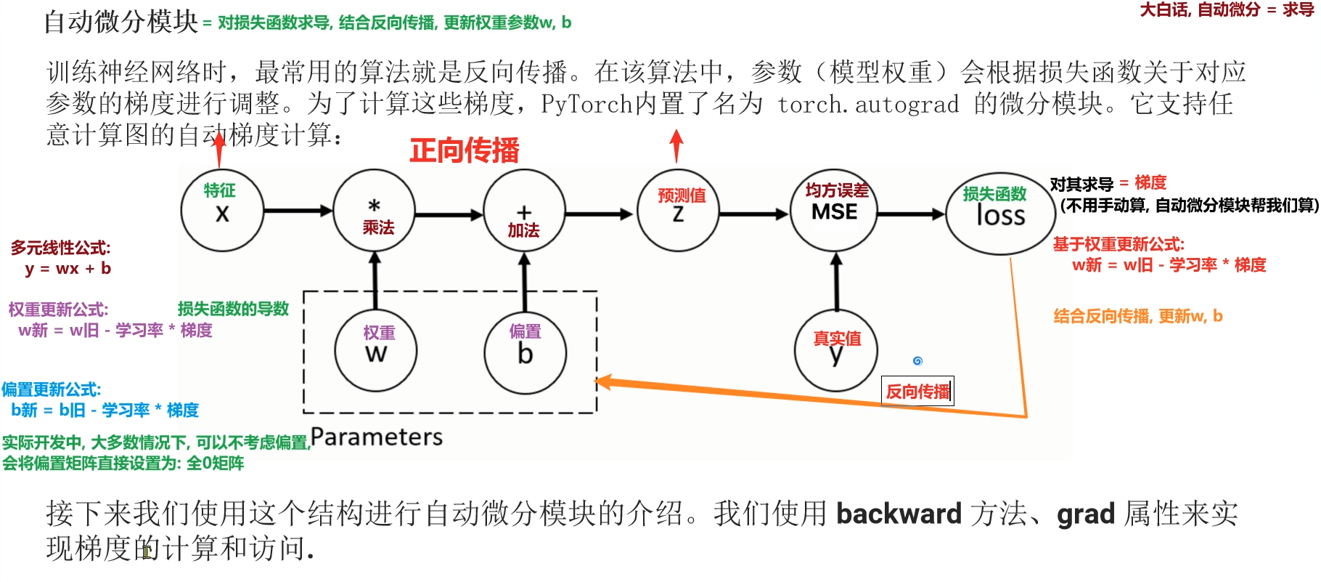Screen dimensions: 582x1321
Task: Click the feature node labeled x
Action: coord(222,209)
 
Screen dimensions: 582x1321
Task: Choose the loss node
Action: coord(1000,214)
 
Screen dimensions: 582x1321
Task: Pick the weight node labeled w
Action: coord(376,350)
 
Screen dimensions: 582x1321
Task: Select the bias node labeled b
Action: coord(525,352)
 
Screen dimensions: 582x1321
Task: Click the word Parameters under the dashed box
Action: coord(377,437)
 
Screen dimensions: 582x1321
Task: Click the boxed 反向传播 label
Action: coord(917,392)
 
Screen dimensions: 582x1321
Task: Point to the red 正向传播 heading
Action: coord(465,151)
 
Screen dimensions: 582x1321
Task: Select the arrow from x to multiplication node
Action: coord(298,211)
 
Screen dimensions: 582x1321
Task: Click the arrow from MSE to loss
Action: coord(911,214)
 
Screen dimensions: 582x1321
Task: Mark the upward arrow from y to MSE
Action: coord(836,283)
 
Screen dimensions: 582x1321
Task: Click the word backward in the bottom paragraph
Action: coord(899,514)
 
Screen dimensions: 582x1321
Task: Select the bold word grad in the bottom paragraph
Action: coord(1085,514)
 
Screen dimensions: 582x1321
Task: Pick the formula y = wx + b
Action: coord(68,269)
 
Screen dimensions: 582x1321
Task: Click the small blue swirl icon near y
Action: coord(917,360)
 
